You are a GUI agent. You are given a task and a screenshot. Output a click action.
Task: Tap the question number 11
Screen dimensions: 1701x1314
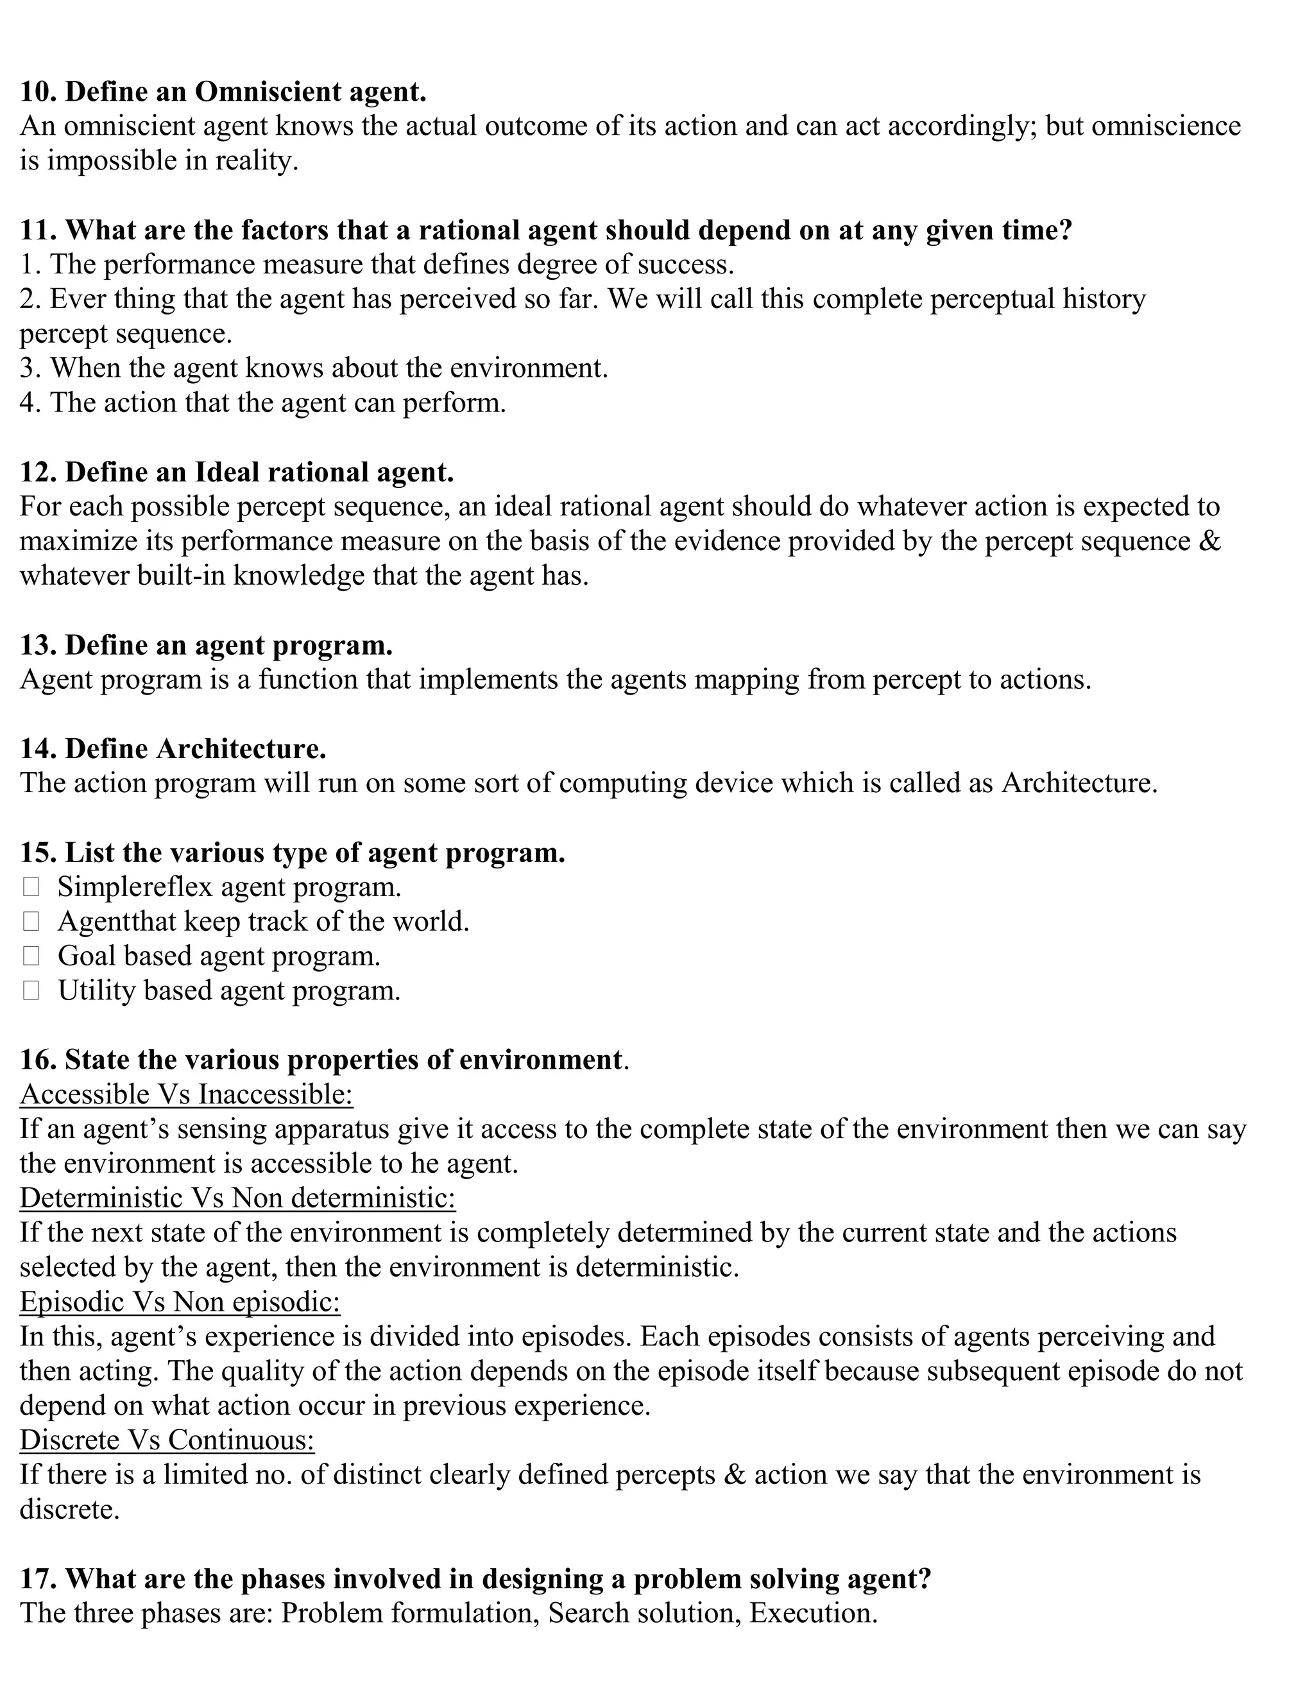coord(37,230)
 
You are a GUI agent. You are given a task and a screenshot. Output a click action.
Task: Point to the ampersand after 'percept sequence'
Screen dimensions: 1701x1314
coord(1211,541)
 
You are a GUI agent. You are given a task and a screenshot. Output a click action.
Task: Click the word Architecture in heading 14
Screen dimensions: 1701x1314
coord(241,748)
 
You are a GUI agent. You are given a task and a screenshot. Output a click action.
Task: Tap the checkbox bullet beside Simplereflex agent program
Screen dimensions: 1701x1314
coord(31,887)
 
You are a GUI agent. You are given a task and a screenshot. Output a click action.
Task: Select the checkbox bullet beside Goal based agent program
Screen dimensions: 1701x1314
coord(31,956)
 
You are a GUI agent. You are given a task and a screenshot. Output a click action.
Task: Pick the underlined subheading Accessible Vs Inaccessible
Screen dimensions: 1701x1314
coord(186,1094)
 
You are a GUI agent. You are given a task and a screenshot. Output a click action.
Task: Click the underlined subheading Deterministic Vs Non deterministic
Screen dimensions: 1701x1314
coord(237,1198)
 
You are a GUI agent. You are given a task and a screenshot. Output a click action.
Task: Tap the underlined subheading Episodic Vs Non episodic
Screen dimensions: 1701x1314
coord(180,1302)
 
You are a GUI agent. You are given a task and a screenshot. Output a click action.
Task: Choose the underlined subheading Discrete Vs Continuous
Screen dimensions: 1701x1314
coord(167,1440)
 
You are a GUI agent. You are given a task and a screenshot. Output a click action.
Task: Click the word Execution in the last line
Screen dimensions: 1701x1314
coord(813,1613)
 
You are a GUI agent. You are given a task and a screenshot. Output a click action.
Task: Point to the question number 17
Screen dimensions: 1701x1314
coord(37,1579)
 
